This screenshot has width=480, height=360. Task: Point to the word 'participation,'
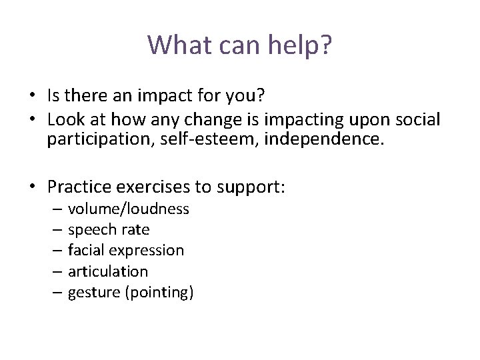(103, 141)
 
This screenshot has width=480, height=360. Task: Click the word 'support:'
(254, 189)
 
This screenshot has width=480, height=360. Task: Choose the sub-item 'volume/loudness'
(128, 209)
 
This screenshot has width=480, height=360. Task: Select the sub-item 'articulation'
(107, 271)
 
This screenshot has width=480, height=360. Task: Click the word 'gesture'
(92, 292)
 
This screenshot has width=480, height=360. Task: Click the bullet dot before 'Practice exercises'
(33, 189)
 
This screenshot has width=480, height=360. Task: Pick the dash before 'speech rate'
(55, 230)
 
